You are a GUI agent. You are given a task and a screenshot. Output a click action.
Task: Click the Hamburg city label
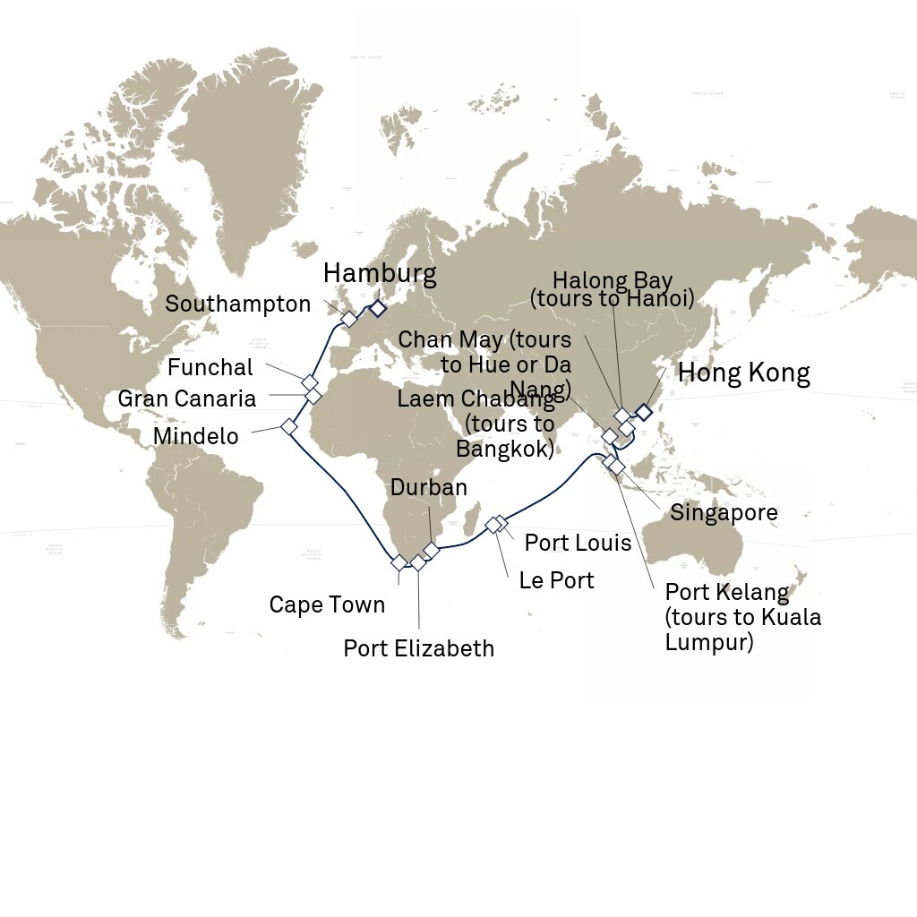coord(380,274)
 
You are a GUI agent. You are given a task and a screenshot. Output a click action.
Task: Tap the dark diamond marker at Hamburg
coord(378,308)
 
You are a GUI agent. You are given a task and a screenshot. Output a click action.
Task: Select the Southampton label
coord(237,304)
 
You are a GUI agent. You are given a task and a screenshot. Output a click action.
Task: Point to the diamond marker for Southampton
coord(349,319)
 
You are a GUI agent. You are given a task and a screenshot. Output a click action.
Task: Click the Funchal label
coord(210,367)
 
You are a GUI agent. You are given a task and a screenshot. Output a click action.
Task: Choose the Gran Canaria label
coord(187,399)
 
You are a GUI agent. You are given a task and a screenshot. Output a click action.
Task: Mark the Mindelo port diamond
coord(289,426)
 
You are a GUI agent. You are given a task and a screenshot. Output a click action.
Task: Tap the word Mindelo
coord(196,436)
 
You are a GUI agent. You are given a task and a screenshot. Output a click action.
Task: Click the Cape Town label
coord(327,604)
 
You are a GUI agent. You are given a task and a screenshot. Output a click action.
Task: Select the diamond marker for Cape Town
coord(399,562)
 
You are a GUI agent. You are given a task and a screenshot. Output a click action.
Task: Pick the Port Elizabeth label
coord(418,647)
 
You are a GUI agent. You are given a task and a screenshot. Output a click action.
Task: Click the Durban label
coord(429,487)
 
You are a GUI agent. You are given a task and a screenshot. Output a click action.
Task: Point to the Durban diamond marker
coord(432,550)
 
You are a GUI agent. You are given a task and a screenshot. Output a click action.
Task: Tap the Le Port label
coord(556,580)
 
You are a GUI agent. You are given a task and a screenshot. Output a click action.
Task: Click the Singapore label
coord(724,513)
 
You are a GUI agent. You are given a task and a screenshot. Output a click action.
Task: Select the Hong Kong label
coord(743,373)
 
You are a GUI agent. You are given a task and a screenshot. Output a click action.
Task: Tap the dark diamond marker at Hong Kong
coord(643,412)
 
